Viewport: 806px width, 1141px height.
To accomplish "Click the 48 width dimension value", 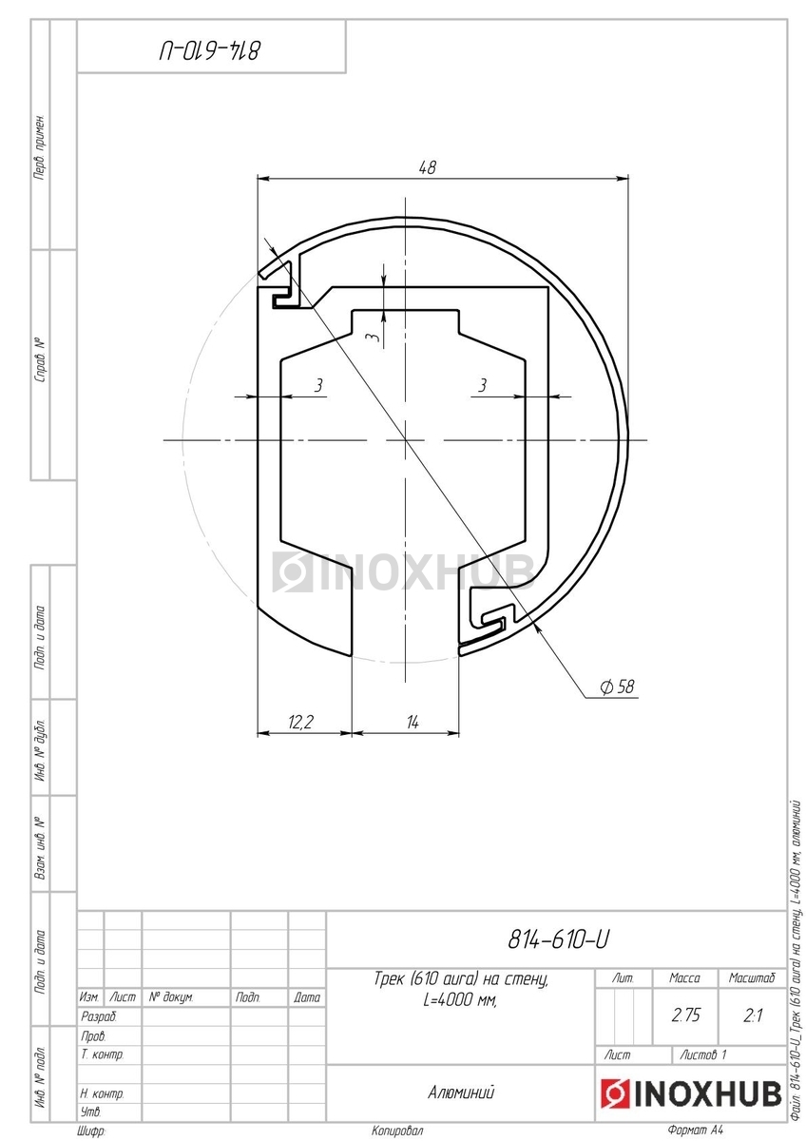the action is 427,167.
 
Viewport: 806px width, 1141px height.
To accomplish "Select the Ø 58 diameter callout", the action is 617,687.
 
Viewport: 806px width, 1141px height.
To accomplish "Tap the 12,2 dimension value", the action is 301,722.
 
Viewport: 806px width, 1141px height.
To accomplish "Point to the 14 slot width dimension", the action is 413,722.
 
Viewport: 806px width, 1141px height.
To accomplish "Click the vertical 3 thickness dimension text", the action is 374,338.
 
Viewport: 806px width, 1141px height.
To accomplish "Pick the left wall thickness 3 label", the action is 318,385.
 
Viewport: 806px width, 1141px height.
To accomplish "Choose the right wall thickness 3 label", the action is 482,385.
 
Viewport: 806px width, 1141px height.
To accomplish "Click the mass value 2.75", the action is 685,1015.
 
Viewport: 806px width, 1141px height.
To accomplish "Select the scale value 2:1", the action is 753,1015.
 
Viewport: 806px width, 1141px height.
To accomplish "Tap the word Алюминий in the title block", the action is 461,1093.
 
